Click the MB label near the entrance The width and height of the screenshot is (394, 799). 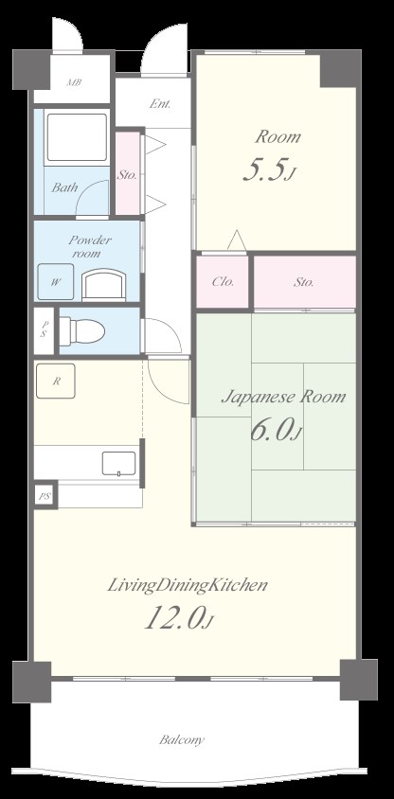point(73,83)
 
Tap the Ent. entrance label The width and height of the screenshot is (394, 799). point(159,104)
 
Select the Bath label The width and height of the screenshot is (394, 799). point(65,187)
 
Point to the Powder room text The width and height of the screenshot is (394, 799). point(90,247)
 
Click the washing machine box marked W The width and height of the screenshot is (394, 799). point(56,281)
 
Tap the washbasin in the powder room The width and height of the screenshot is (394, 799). point(103,284)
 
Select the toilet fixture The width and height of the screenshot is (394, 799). point(84,329)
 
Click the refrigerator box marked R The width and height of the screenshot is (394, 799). point(57,382)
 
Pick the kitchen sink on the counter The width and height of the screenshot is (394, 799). point(119,463)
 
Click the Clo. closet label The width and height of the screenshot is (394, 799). point(223,281)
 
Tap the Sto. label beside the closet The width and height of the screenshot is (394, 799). point(304,281)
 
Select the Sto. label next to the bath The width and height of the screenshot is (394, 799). point(126,174)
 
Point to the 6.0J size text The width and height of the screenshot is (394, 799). point(276,433)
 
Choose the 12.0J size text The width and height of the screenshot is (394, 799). point(179,620)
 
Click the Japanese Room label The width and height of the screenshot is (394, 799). point(283,397)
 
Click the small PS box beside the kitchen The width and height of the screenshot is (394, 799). point(44,495)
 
